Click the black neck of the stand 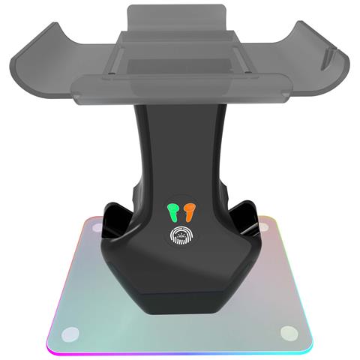(x=178, y=150)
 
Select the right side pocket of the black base (x=244, y=217)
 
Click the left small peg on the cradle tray (x=110, y=73)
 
